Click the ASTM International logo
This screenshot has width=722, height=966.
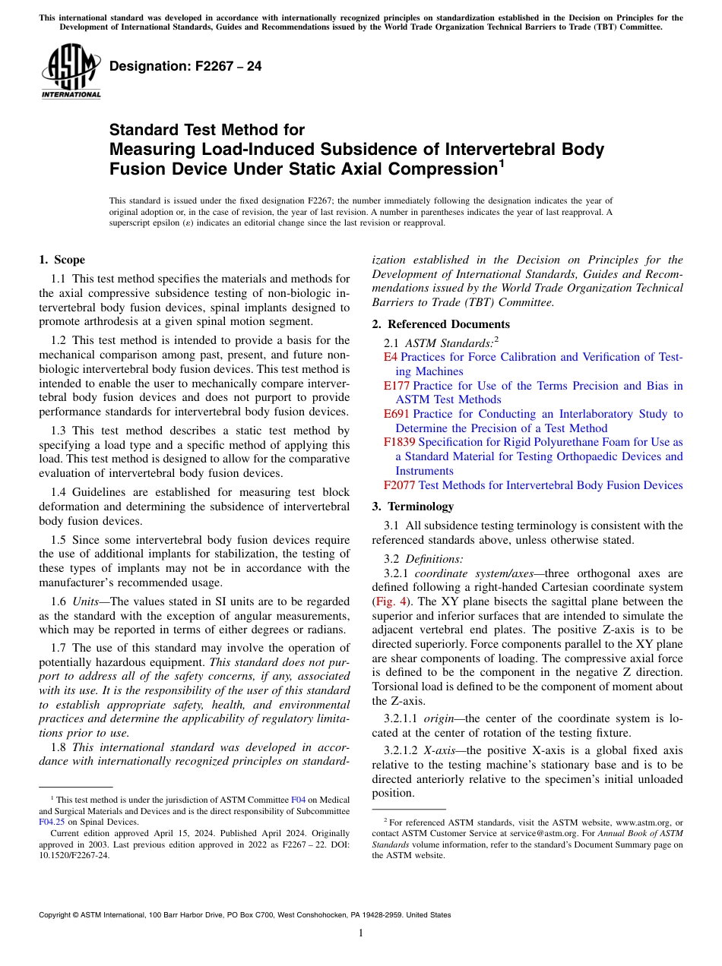(71, 71)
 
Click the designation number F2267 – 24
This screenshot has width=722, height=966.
(185, 66)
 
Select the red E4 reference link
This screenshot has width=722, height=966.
(390, 357)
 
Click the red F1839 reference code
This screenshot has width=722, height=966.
(399, 442)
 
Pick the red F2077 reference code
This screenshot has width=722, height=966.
(399, 485)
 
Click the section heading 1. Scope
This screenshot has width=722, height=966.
(62, 260)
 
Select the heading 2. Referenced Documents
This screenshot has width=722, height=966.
(430, 324)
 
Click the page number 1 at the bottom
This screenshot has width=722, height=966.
(361, 933)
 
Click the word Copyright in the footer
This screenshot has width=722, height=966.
(58, 915)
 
